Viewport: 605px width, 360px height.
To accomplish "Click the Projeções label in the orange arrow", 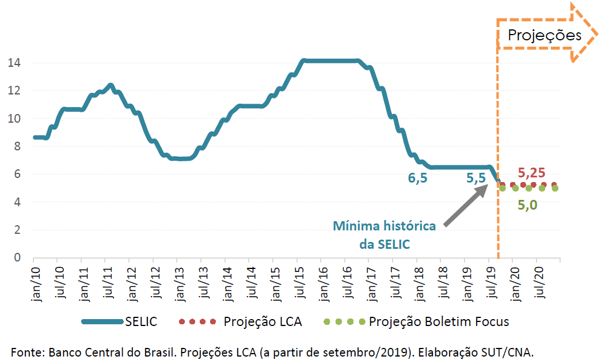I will click(x=544, y=35).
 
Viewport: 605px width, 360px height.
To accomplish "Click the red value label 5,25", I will click(x=531, y=173).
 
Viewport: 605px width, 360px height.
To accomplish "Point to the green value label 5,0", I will click(x=527, y=204).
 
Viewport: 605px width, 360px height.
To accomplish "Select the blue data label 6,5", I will click(x=418, y=179).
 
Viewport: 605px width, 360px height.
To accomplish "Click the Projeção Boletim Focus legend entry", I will click(x=417, y=321).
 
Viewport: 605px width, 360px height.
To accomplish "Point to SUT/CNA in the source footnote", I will click(x=512, y=351).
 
